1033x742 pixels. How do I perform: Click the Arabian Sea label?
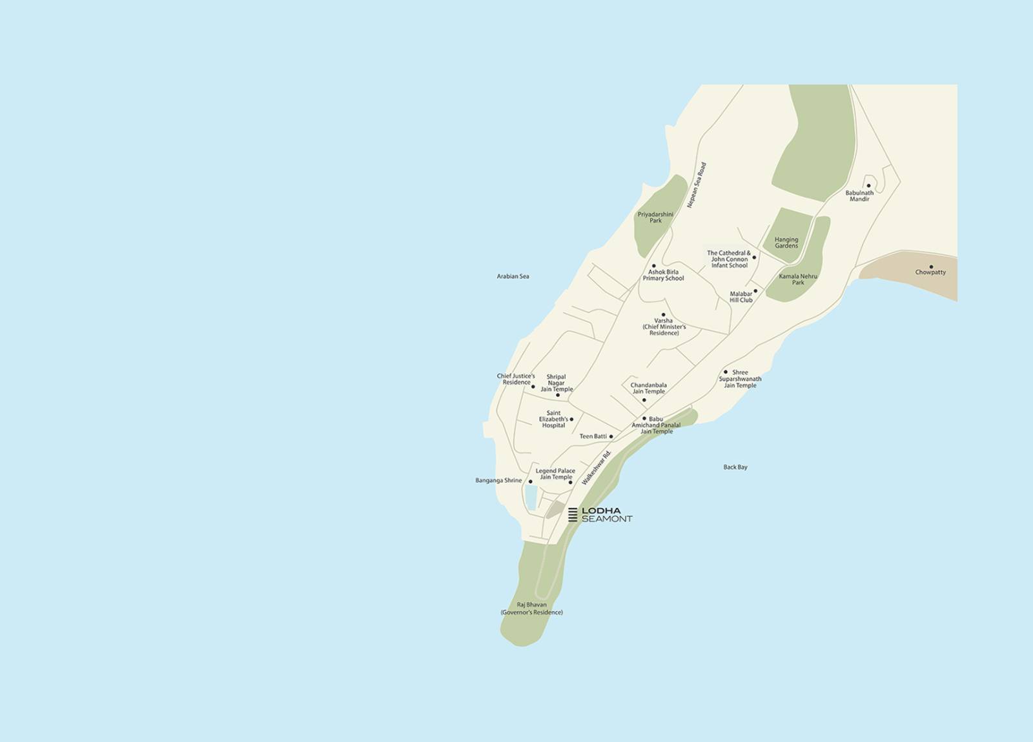click(x=513, y=276)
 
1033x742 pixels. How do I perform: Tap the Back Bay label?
click(x=735, y=467)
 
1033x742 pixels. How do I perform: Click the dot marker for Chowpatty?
click(x=931, y=266)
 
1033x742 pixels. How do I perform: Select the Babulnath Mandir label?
click(x=859, y=196)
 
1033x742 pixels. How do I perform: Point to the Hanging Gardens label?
click(x=786, y=243)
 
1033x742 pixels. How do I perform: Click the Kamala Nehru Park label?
click(x=798, y=279)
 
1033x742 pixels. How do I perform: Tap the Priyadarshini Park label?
click(x=655, y=217)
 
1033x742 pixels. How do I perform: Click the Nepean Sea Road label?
click(x=697, y=185)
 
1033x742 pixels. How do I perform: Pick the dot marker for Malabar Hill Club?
click(x=755, y=291)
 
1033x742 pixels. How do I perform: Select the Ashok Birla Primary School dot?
click(x=653, y=266)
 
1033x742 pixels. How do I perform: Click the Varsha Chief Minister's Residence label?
click(x=664, y=326)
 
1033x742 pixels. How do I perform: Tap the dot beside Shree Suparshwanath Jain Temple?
click(x=726, y=372)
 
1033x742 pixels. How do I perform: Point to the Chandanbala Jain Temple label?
click(x=648, y=388)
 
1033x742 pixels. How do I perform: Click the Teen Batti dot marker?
click(x=611, y=437)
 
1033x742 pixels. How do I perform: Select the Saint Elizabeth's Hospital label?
click(x=553, y=419)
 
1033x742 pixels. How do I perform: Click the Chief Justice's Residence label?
click(x=515, y=379)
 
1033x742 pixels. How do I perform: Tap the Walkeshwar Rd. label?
click(x=596, y=469)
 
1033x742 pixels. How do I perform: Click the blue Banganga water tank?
click(x=531, y=497)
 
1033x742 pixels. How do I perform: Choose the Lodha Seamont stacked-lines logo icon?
click(x=573, y=514)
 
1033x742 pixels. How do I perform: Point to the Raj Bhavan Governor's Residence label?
click(x=531, y=608)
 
